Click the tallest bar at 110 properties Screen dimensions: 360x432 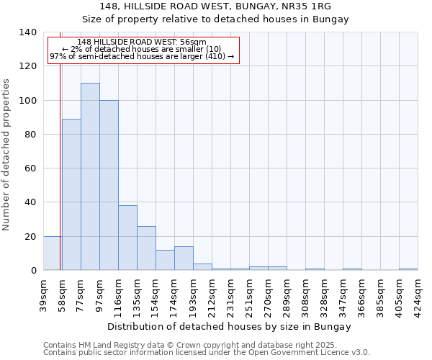pos(90,176)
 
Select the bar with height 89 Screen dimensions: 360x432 pos(71,194)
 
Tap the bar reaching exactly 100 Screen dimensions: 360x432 pos(109,185)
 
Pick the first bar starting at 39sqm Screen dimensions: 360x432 pos(52,253)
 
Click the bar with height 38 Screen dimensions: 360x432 pos(127,238)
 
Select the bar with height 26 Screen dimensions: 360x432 pos(146,248)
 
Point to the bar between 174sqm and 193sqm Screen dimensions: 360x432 pos(184,258)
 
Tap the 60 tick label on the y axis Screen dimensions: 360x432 pos(30,168)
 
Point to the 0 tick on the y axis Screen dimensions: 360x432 pos(32,271)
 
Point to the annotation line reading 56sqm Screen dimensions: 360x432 pos(142,42)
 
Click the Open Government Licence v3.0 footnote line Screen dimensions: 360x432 pos(207,353)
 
